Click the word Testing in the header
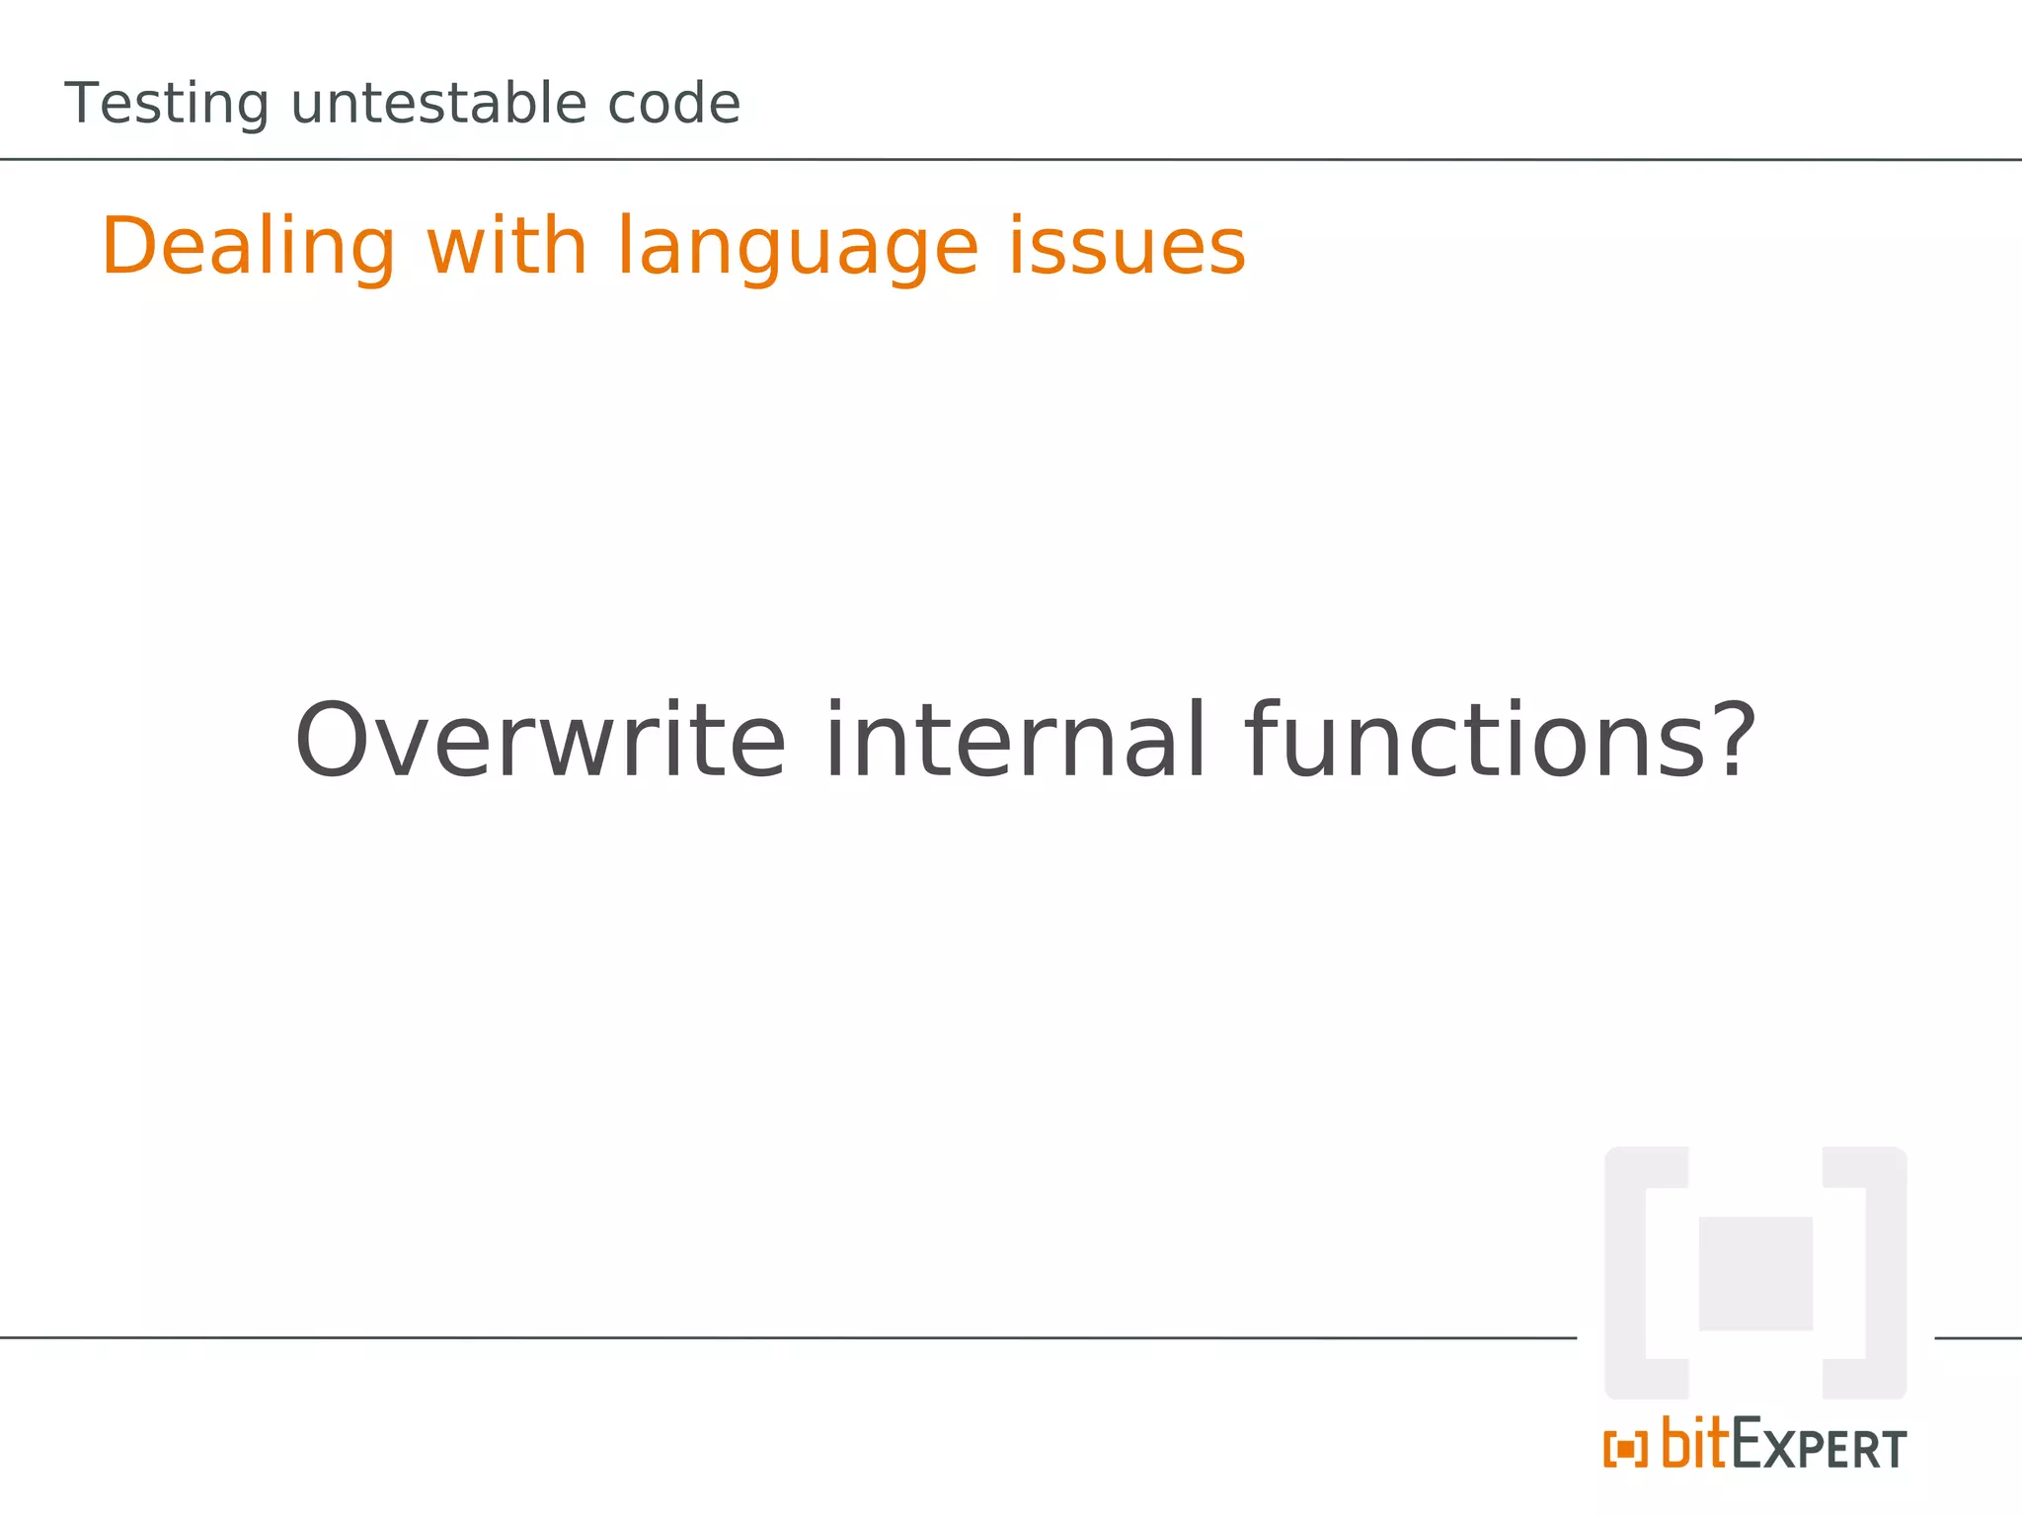166,105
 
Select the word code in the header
673,104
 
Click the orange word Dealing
248,247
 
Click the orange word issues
1127,247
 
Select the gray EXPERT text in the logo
1820,1447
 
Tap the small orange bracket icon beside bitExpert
1625,1450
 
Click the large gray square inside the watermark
1755,1273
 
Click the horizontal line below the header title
987,159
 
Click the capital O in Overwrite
332,741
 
